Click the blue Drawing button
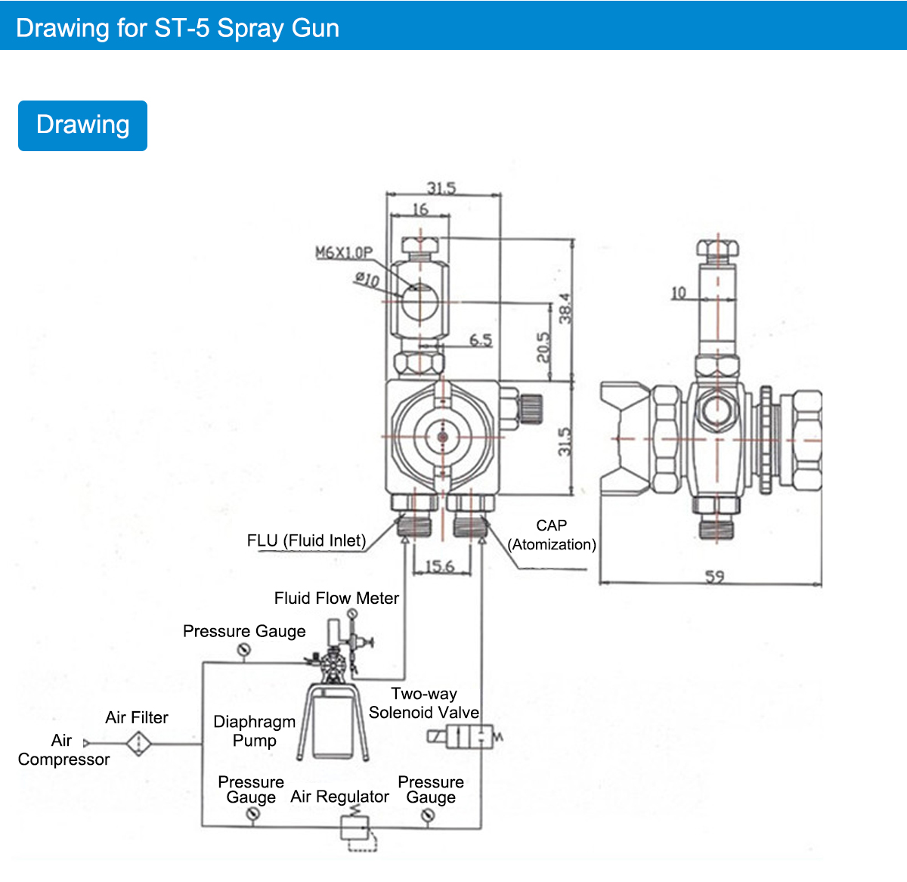(x=82, y=125)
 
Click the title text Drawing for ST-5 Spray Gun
(x=178, y=28)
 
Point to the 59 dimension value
(x=714, y=577)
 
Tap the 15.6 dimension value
(x=440, y=566)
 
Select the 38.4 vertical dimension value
(x=565, y=308)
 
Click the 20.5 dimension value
(x=543, y=348)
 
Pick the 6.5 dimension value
(x=481, y=340)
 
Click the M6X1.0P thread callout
(x=344, y=252)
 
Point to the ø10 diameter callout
(x=367, y=279)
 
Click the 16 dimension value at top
(x=420, y=209)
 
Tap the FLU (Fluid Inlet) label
(x=306, y=540)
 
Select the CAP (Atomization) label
(x=551, y=534)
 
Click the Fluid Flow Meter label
(x=336, y=598)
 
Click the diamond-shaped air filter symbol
(x=139, y=743)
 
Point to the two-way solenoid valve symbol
(x=465, y=737)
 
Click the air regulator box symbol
(x=354, y=828)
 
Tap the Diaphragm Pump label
(x=255, y=731)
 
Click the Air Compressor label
(x=63, y=750)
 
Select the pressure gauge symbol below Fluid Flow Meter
(x=352, y=614)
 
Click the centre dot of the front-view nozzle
(x=443, y=437)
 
